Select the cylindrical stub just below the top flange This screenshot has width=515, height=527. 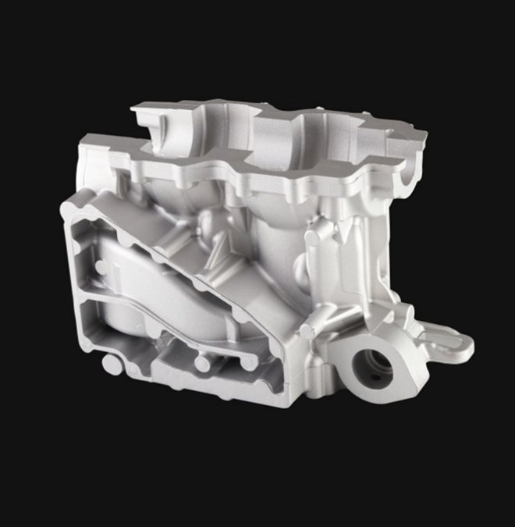pyautogui.click(x=314, y=230)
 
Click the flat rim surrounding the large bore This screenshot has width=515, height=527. pyautogui.click(x=390, y=347)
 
